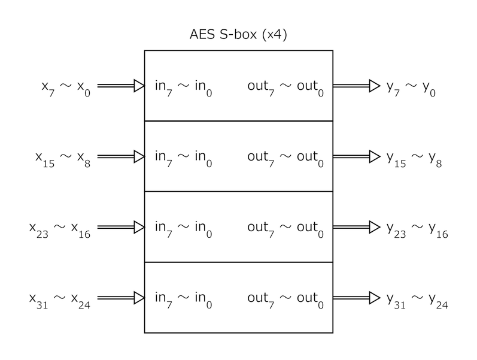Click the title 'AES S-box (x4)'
point(238,34)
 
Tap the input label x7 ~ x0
point(66,88)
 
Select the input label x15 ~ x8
point(63,159)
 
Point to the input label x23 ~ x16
point(60,229)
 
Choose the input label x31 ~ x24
point(60,300)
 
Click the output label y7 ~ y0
point(411,88)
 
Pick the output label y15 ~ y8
point(414,159)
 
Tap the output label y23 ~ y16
point(417,229)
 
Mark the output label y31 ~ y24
point(417,300)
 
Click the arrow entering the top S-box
point(121,86)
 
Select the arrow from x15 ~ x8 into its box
point(121,156)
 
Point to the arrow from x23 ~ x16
point(121,227)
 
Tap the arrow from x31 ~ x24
point(121,298)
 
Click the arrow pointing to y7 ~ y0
point(357,86)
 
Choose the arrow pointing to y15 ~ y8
point(357,156)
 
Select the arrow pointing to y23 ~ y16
point(357,227)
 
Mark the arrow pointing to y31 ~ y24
point(357,298)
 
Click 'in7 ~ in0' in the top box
point(183,87)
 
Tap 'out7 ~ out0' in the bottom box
point(285,300)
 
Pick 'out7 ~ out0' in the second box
point(285,159)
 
